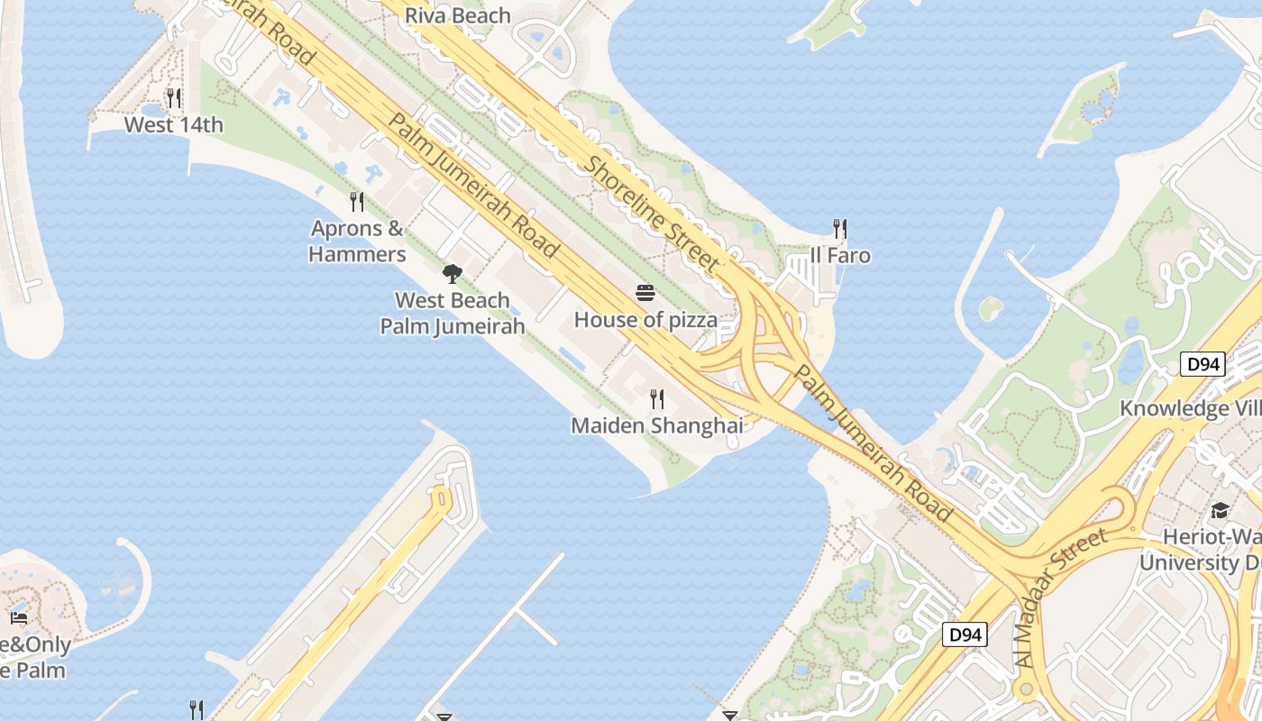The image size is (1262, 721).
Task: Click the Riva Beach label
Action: (457, 16)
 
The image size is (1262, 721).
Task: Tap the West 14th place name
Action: (173, 124)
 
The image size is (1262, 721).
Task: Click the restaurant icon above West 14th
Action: (174, 98)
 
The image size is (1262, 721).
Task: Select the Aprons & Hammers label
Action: (357, 241)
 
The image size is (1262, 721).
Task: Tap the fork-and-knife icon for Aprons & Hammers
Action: (357, 202)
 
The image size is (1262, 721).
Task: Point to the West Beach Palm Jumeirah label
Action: (453, 313)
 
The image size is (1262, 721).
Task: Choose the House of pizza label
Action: (645, 319)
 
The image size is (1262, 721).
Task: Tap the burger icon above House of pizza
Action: (645, 292)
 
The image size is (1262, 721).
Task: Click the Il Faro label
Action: (840, 255)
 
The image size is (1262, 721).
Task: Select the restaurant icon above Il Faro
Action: (840, 229)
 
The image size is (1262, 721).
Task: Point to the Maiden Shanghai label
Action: (657, 425)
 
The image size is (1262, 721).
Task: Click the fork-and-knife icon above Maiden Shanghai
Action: (657, 398)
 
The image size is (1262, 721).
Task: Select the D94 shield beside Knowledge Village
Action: (1203, 364)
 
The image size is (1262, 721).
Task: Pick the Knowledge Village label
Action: (1190, 408)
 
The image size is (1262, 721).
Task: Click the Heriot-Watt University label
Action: (1200, 550)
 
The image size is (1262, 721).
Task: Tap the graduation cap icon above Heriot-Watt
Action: (1220, 510)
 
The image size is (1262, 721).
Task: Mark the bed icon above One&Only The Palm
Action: (19, 618)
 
